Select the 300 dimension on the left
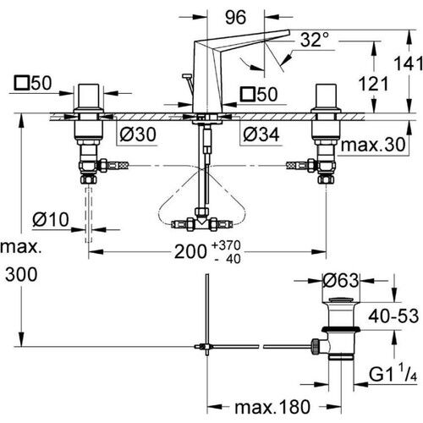(x=20, y=276)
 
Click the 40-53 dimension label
(x=393, y=315)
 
